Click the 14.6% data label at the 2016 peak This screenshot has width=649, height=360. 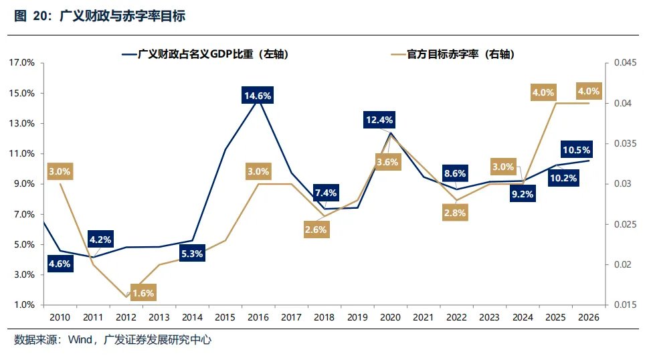pyautogui.click(x=258, y=96)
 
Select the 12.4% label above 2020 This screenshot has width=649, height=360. pyautogui.click(x=379, y=120)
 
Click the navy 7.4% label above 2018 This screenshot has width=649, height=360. pyautogui.click(x=324, y=193)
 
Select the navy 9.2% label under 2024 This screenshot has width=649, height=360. pyautogui.click(x=523, y=195)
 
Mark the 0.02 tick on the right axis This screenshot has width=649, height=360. pyautogui.click(x=616, y=264)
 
